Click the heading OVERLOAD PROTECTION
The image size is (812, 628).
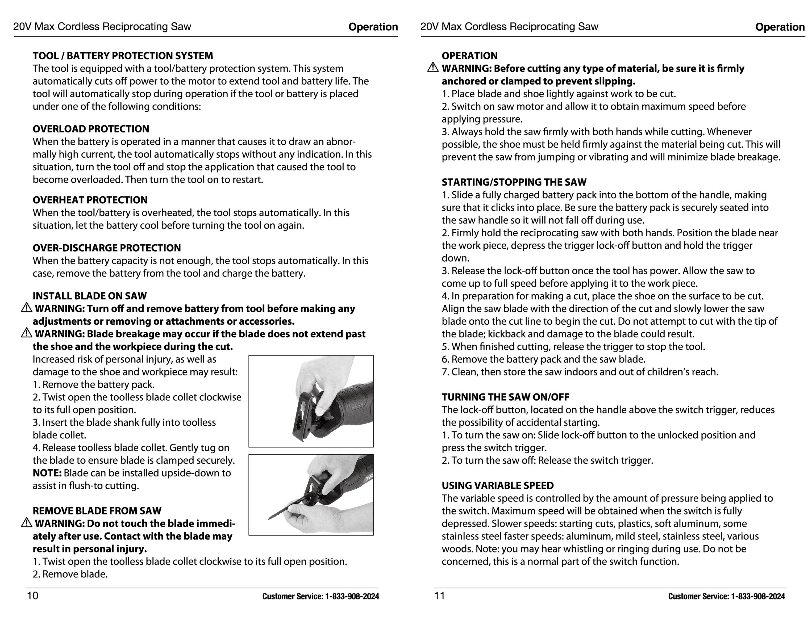click(91, 129)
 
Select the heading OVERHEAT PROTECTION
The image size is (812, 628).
click(90, 200)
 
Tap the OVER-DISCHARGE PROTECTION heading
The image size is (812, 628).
click(107, 248)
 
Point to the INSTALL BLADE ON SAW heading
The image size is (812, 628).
click(90, 296)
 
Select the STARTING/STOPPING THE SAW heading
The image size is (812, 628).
click(514, 182)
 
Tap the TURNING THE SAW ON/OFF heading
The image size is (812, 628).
click(505, 397)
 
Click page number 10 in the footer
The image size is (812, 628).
click(33, 596)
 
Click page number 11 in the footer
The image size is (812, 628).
click(439, 596)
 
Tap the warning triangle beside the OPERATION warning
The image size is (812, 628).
click(433, 68)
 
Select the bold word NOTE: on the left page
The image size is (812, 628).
click(47, 473)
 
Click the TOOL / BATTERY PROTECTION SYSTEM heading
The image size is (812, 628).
click(123, 56)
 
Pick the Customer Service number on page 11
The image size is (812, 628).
click(726, 596)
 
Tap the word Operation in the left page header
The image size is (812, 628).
click(373, 27)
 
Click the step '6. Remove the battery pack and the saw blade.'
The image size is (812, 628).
click(544, 359)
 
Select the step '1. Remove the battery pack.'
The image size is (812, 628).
click(93, 385)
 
